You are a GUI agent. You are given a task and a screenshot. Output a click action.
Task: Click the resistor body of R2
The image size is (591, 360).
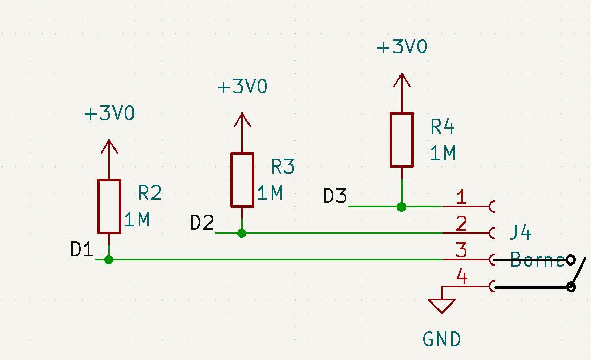click(x=109, y=206)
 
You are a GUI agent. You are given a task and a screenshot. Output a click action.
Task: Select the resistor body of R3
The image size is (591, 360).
click(x=242, y=180)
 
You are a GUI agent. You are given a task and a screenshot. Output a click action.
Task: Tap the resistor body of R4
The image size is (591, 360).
click(x=402, y=140)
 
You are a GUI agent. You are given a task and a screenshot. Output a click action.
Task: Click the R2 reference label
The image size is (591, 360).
click(x=150, y=193)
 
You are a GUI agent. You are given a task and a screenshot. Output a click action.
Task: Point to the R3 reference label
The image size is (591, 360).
click(x=283, y=166)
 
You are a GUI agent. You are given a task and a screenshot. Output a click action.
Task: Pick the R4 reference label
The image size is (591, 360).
click(x=443, y=126)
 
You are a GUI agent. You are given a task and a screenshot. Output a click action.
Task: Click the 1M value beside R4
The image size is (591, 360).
click(x=443, y=153)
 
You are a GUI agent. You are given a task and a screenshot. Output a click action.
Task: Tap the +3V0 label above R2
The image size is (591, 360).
click(x=109, y=113)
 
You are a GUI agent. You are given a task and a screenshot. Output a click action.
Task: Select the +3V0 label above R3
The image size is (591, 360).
click(x=242, y=87)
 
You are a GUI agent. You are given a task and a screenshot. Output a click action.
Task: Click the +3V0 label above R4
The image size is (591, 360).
click(x=402, y=47)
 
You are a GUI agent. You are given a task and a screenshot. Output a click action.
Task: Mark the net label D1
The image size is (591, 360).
click(x=82, y=250)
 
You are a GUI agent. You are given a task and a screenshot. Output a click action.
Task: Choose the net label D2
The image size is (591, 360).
click(x=202, y=223)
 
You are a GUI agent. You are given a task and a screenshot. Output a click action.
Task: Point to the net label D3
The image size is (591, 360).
click(x=335, y=196)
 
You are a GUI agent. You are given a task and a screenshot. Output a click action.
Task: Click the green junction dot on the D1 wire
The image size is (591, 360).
click(x=108, y=260)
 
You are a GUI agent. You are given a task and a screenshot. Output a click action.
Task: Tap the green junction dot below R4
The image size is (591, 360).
click(x=402, y=207)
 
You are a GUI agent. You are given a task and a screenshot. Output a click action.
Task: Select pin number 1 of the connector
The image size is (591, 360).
click(x=461, y=197)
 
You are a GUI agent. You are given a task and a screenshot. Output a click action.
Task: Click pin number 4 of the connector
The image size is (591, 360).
click(x=462, y=278)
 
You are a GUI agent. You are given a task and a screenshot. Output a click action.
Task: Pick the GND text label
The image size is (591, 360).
click(x=442, y=339)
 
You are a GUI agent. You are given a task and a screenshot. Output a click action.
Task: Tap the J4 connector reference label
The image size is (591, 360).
click(x=520, y=233)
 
